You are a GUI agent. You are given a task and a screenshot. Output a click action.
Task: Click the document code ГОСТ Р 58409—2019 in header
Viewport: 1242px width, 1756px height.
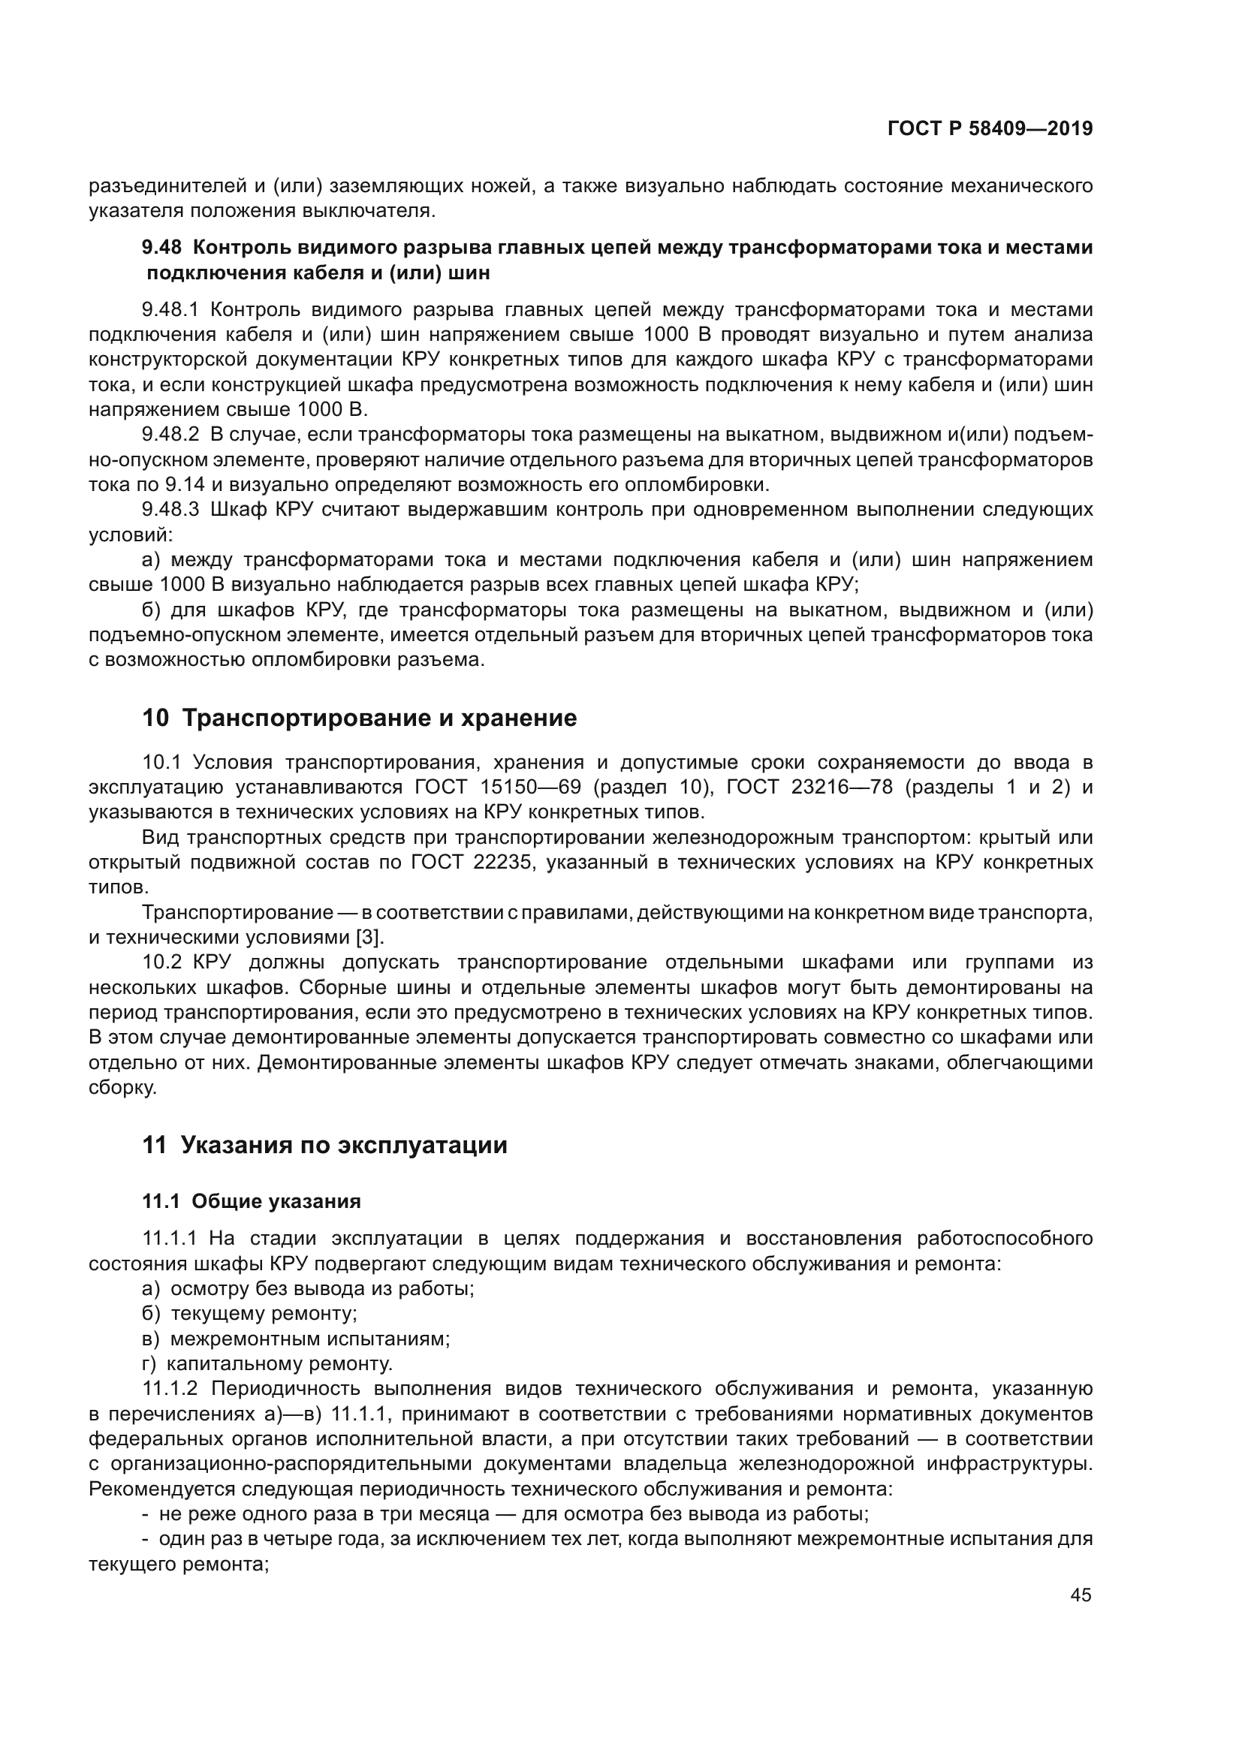[x=990, y=129]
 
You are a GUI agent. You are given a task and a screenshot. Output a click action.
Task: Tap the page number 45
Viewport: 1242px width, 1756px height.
[x=1081, y=1595]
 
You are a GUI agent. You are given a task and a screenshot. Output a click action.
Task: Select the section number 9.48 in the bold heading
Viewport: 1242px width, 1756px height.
[x=161, y=248]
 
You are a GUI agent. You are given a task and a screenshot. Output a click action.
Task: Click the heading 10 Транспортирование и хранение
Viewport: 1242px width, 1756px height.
[x=360, y=718]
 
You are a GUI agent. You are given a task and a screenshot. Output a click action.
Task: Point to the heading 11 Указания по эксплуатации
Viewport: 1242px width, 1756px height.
[x=325, y=1145]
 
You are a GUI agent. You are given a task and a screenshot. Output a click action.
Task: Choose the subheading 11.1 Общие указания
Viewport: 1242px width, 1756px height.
[x=252, y=1201]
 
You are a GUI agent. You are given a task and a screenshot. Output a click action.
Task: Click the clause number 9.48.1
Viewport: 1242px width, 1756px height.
[x=170, y=310]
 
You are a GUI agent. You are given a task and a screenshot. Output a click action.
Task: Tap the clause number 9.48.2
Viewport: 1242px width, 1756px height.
[x=170, y=435]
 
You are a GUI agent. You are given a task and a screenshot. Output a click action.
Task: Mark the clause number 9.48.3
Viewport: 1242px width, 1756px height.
[x=170, y=510]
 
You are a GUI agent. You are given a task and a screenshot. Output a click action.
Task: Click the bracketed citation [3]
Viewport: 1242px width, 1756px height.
[x=370, y=937]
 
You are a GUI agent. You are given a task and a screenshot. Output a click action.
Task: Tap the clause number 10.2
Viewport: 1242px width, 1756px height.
[x=160, y=962]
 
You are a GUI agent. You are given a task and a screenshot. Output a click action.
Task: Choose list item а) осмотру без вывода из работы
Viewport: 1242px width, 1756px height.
[x=308, y=1289]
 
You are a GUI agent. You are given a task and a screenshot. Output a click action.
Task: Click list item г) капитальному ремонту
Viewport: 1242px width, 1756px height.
[x=267, y=1363]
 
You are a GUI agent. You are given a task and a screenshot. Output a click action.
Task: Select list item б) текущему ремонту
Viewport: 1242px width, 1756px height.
[x=250, y=1314]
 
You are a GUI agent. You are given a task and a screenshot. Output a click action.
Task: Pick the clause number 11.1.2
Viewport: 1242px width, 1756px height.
[x=170, y=1389]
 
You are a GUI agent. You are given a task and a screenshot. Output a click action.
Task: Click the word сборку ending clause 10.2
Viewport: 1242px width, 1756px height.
[x=122, y=1087]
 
